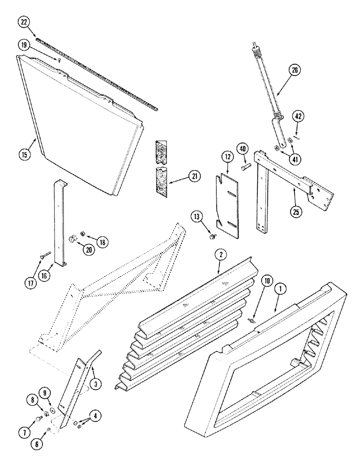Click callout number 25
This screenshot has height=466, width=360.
tap(295, 211)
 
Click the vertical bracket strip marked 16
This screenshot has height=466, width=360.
tap(58, 224)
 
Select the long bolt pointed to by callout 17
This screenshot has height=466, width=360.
tap(47, 254)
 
